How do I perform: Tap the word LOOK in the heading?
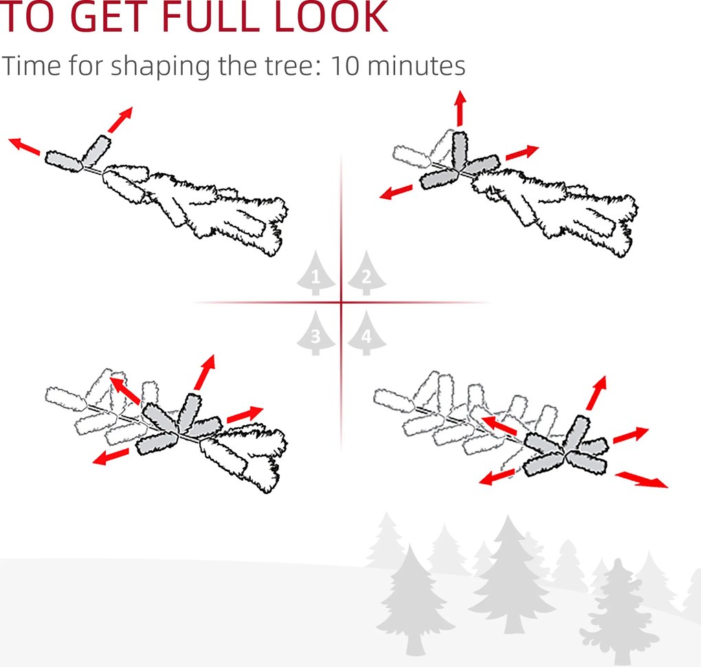(x=331, y=16)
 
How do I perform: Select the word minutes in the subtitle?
(x=416, y=66)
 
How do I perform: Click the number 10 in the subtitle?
(x=345, y=66)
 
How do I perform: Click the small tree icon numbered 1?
(x=315, y=273)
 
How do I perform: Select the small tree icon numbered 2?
(x=366, y=273)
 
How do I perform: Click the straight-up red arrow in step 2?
(x=460, y=109)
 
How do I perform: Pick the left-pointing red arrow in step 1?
(x=25, y=146)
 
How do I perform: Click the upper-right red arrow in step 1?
(x=120, y=120)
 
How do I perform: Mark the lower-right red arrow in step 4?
(x=641, y=479)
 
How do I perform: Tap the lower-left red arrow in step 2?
(x=396, y=192)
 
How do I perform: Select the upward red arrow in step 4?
(x=597, y=393)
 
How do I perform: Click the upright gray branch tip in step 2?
(x=460, y=150)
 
